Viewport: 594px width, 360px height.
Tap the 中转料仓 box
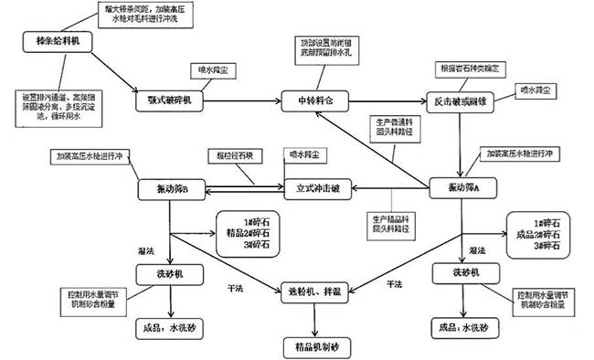313,99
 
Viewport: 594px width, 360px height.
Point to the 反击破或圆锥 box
461,101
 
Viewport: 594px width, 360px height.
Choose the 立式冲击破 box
316,190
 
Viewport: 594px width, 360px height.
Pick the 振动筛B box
171,190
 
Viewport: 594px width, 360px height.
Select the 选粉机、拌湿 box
315,291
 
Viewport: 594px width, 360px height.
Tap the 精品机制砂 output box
316,346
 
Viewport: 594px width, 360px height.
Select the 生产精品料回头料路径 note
394,222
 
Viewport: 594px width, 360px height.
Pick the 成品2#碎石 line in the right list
538,233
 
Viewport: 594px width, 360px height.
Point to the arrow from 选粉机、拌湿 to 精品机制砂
316,319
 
